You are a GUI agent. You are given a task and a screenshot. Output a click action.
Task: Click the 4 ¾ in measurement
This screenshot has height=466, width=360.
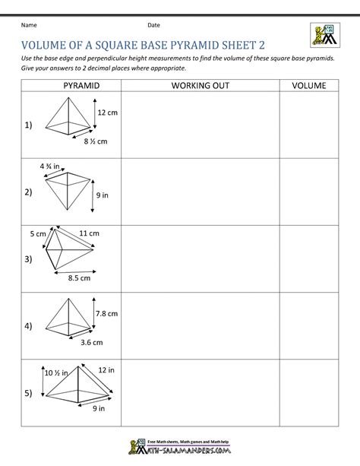50,165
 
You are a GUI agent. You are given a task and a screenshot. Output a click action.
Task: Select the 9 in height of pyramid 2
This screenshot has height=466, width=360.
103,195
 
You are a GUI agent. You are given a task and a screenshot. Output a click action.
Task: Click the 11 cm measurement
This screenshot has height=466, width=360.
89,232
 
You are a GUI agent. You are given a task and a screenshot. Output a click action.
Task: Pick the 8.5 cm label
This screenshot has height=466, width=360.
79,278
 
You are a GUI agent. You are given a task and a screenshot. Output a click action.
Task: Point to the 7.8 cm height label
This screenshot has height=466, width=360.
107,313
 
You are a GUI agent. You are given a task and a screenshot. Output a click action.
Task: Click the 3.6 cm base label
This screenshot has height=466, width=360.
91,342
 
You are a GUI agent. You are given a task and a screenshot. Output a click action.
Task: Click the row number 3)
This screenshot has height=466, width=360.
28,260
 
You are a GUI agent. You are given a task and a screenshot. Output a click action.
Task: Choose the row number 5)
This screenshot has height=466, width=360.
28,394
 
